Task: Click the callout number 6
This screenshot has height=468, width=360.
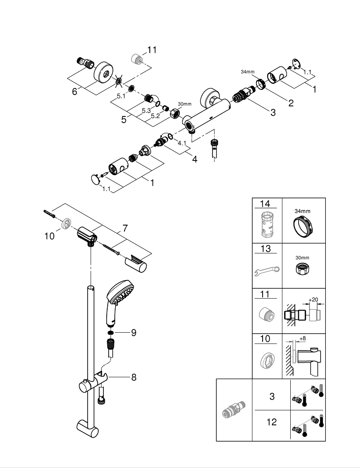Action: [x=74, y=92]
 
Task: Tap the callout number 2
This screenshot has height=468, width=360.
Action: [x=291, y=102]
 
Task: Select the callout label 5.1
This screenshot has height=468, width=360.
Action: [x=121, y=96]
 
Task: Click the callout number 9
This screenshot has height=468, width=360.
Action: [x=133, y=333]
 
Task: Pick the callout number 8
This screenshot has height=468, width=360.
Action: [x=133, y=377]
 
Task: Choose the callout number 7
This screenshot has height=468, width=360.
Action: [x=125, y=228]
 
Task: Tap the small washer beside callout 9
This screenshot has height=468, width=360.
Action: [x=110, y=333]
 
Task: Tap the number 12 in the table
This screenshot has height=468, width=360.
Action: [x=272, y=422]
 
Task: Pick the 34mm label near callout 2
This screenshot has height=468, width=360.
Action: [x=247, y=72]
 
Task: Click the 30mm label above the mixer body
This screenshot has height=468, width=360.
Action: [x=185, y=103]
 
